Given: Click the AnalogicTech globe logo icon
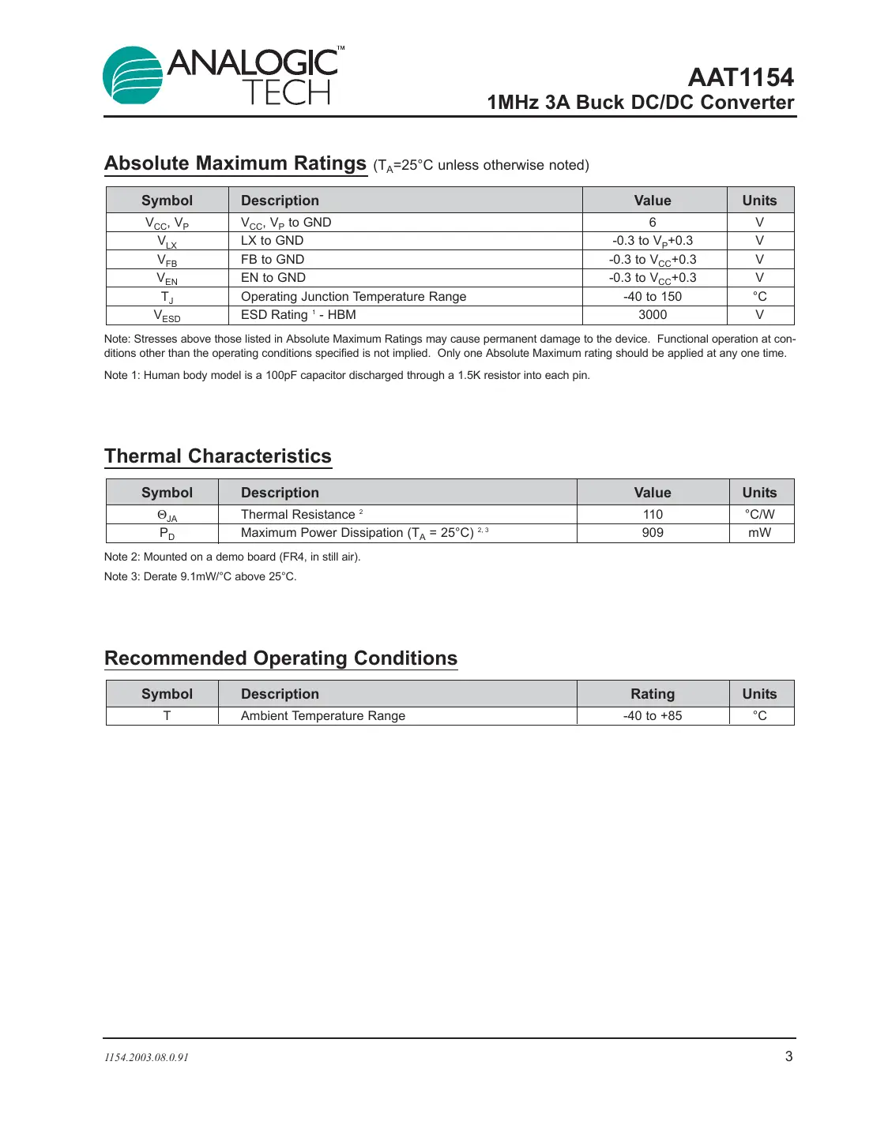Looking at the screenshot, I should click(133, 76).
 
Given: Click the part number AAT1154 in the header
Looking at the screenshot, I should click(740, 77).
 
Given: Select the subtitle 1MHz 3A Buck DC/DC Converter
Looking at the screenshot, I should click(640, 103).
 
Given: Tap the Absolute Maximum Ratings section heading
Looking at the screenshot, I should click(235, 163).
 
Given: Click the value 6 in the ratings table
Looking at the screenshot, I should click(653, 223).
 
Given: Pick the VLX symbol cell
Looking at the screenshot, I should click(167, 242).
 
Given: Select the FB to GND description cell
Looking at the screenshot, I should click(273, 260).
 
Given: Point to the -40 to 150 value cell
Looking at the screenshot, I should click(653, 297).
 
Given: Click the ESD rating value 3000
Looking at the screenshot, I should click(653, 315).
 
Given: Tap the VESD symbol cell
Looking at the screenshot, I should click(167, 316).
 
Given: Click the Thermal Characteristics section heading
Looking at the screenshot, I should click(218, 456).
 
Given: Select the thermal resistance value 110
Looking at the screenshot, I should click(653, 515).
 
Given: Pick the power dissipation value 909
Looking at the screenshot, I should click(653, 533).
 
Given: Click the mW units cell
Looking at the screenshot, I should click(759, 533).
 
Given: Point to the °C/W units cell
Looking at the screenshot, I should click(759, 515).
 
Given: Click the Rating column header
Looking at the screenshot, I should click(653, 694).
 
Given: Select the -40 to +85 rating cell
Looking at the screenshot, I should click(653, 716).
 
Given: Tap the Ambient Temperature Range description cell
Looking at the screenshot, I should click(323, 716).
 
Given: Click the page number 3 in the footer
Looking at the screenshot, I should click(788, 1056).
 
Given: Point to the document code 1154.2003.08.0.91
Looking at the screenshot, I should click(147, 1058).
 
